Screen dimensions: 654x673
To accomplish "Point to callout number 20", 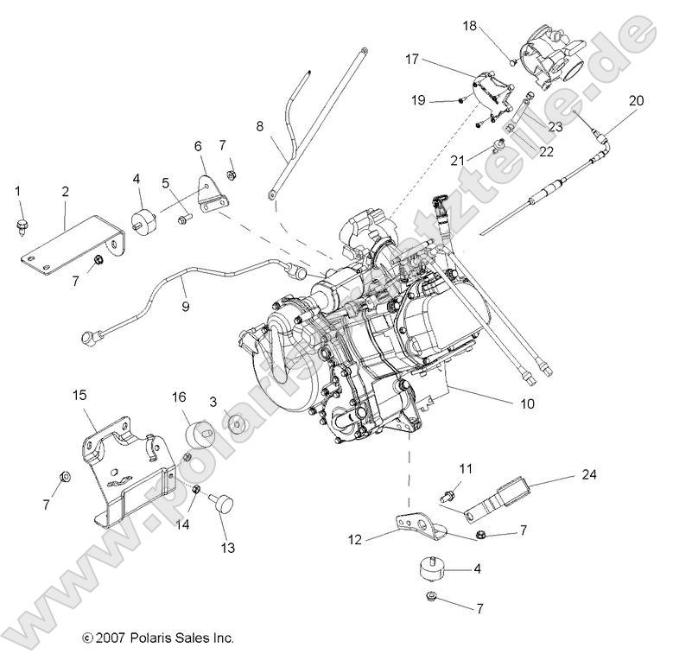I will click(636, 101).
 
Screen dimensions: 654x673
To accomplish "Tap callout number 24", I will click(589, 474).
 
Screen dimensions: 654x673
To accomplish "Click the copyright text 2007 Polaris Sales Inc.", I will click(158, 638).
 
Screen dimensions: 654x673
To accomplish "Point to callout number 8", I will click(258, 126).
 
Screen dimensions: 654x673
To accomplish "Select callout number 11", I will click(466, 468).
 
